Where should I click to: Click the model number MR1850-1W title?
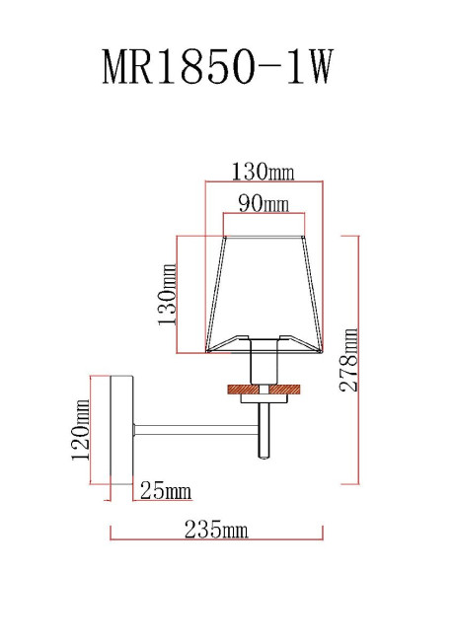217,66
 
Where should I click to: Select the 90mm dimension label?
264,203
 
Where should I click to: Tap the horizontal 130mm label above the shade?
263,172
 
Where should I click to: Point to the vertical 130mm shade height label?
167,294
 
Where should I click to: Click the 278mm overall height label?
349,360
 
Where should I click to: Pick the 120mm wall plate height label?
80,430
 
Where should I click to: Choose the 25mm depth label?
166,490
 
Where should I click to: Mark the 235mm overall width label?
216,530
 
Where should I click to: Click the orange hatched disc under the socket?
264,390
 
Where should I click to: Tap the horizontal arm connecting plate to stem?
196,429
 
